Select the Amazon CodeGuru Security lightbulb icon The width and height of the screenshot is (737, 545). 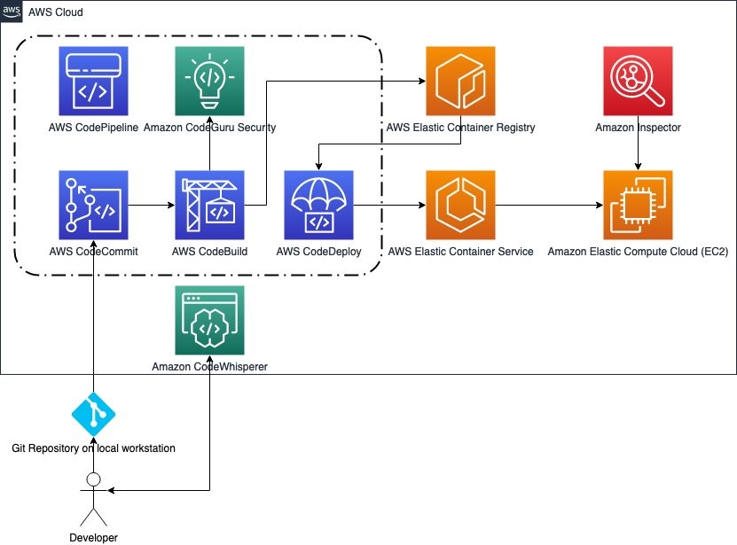pos(210,81)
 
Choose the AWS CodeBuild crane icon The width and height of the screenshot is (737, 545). pos(210,206)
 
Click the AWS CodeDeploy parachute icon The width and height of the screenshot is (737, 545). pos(318,206)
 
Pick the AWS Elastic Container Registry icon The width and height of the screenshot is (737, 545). pos(460,81)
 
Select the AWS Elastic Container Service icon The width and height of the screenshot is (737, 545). pos(460,206)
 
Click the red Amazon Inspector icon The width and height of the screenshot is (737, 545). pos(637,81)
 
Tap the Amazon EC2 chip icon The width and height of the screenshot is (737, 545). pos(637,206)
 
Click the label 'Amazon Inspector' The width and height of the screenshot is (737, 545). pos(637,128)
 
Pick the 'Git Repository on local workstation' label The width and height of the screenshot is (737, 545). pos(93,448)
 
